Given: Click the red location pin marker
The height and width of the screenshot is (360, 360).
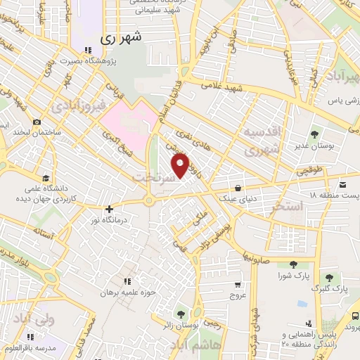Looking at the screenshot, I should [x=181, y=166].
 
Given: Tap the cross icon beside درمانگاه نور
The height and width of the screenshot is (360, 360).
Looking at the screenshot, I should [x=109, y=209].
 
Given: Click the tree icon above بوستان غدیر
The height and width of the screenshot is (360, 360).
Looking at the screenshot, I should [x=314, y=132].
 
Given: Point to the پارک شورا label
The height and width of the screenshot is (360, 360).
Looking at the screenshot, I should [x=293, y=276].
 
